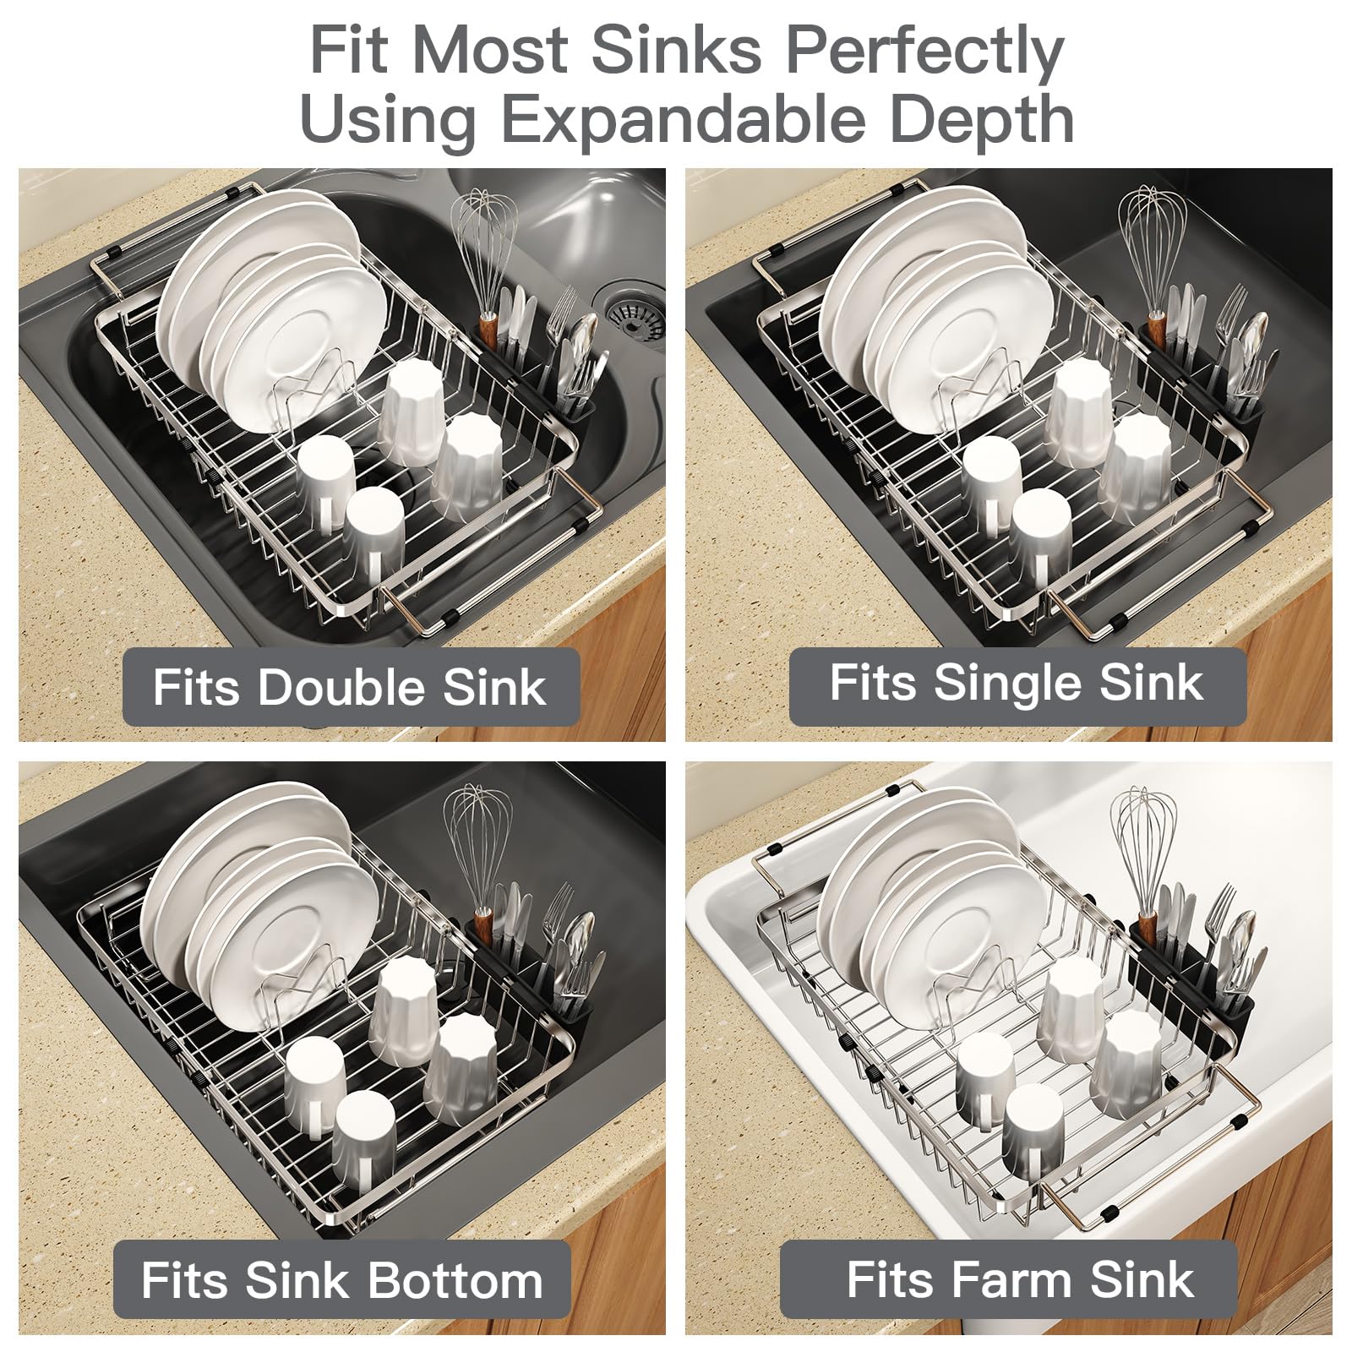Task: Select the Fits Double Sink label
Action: click(x=351, y=686)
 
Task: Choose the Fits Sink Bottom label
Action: click(x=342, y=1279)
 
